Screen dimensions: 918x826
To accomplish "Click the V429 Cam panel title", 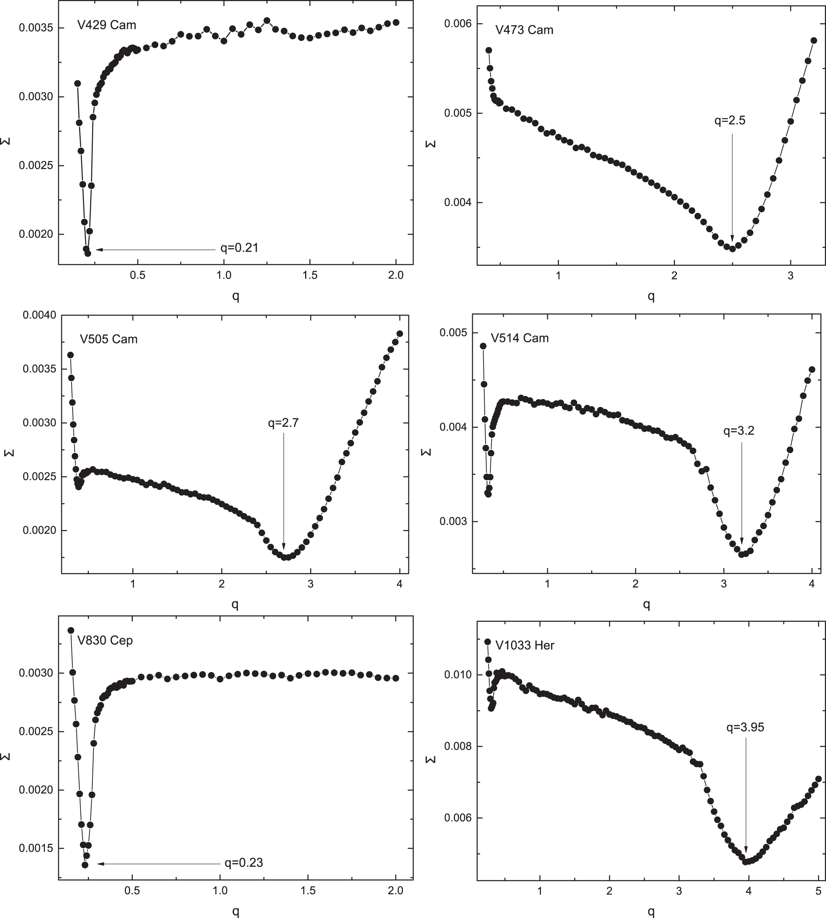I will pos(107,25).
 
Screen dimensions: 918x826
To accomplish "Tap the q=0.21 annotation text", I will pos(239,248).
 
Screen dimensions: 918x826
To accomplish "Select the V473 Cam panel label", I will pos(524,30).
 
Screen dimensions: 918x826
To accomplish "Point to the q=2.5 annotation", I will pos(730,120).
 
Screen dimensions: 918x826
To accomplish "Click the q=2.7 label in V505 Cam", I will pos(283,423).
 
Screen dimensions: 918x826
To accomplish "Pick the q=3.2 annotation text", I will pos(739,431).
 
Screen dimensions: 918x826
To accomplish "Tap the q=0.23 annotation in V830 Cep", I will pos(244,862).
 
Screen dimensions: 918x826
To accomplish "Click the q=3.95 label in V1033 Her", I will pos(745,727).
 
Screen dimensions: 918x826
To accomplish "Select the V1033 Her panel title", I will pos(525,645).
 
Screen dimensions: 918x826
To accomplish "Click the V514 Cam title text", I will pos(520,338).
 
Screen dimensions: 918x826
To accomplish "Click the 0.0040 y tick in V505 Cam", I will pos(40,315).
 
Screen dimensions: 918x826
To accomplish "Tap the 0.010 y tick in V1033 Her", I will pos(457,675).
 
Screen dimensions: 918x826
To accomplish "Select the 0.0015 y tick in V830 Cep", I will pos(35,848).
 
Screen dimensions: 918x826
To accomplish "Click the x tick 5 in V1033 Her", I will pos(818,891).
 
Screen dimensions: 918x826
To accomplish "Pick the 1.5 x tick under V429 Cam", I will pos(310,275).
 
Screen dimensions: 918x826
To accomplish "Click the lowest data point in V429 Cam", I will pos(88,254).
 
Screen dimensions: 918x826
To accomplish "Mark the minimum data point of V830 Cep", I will pos(85,864).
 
